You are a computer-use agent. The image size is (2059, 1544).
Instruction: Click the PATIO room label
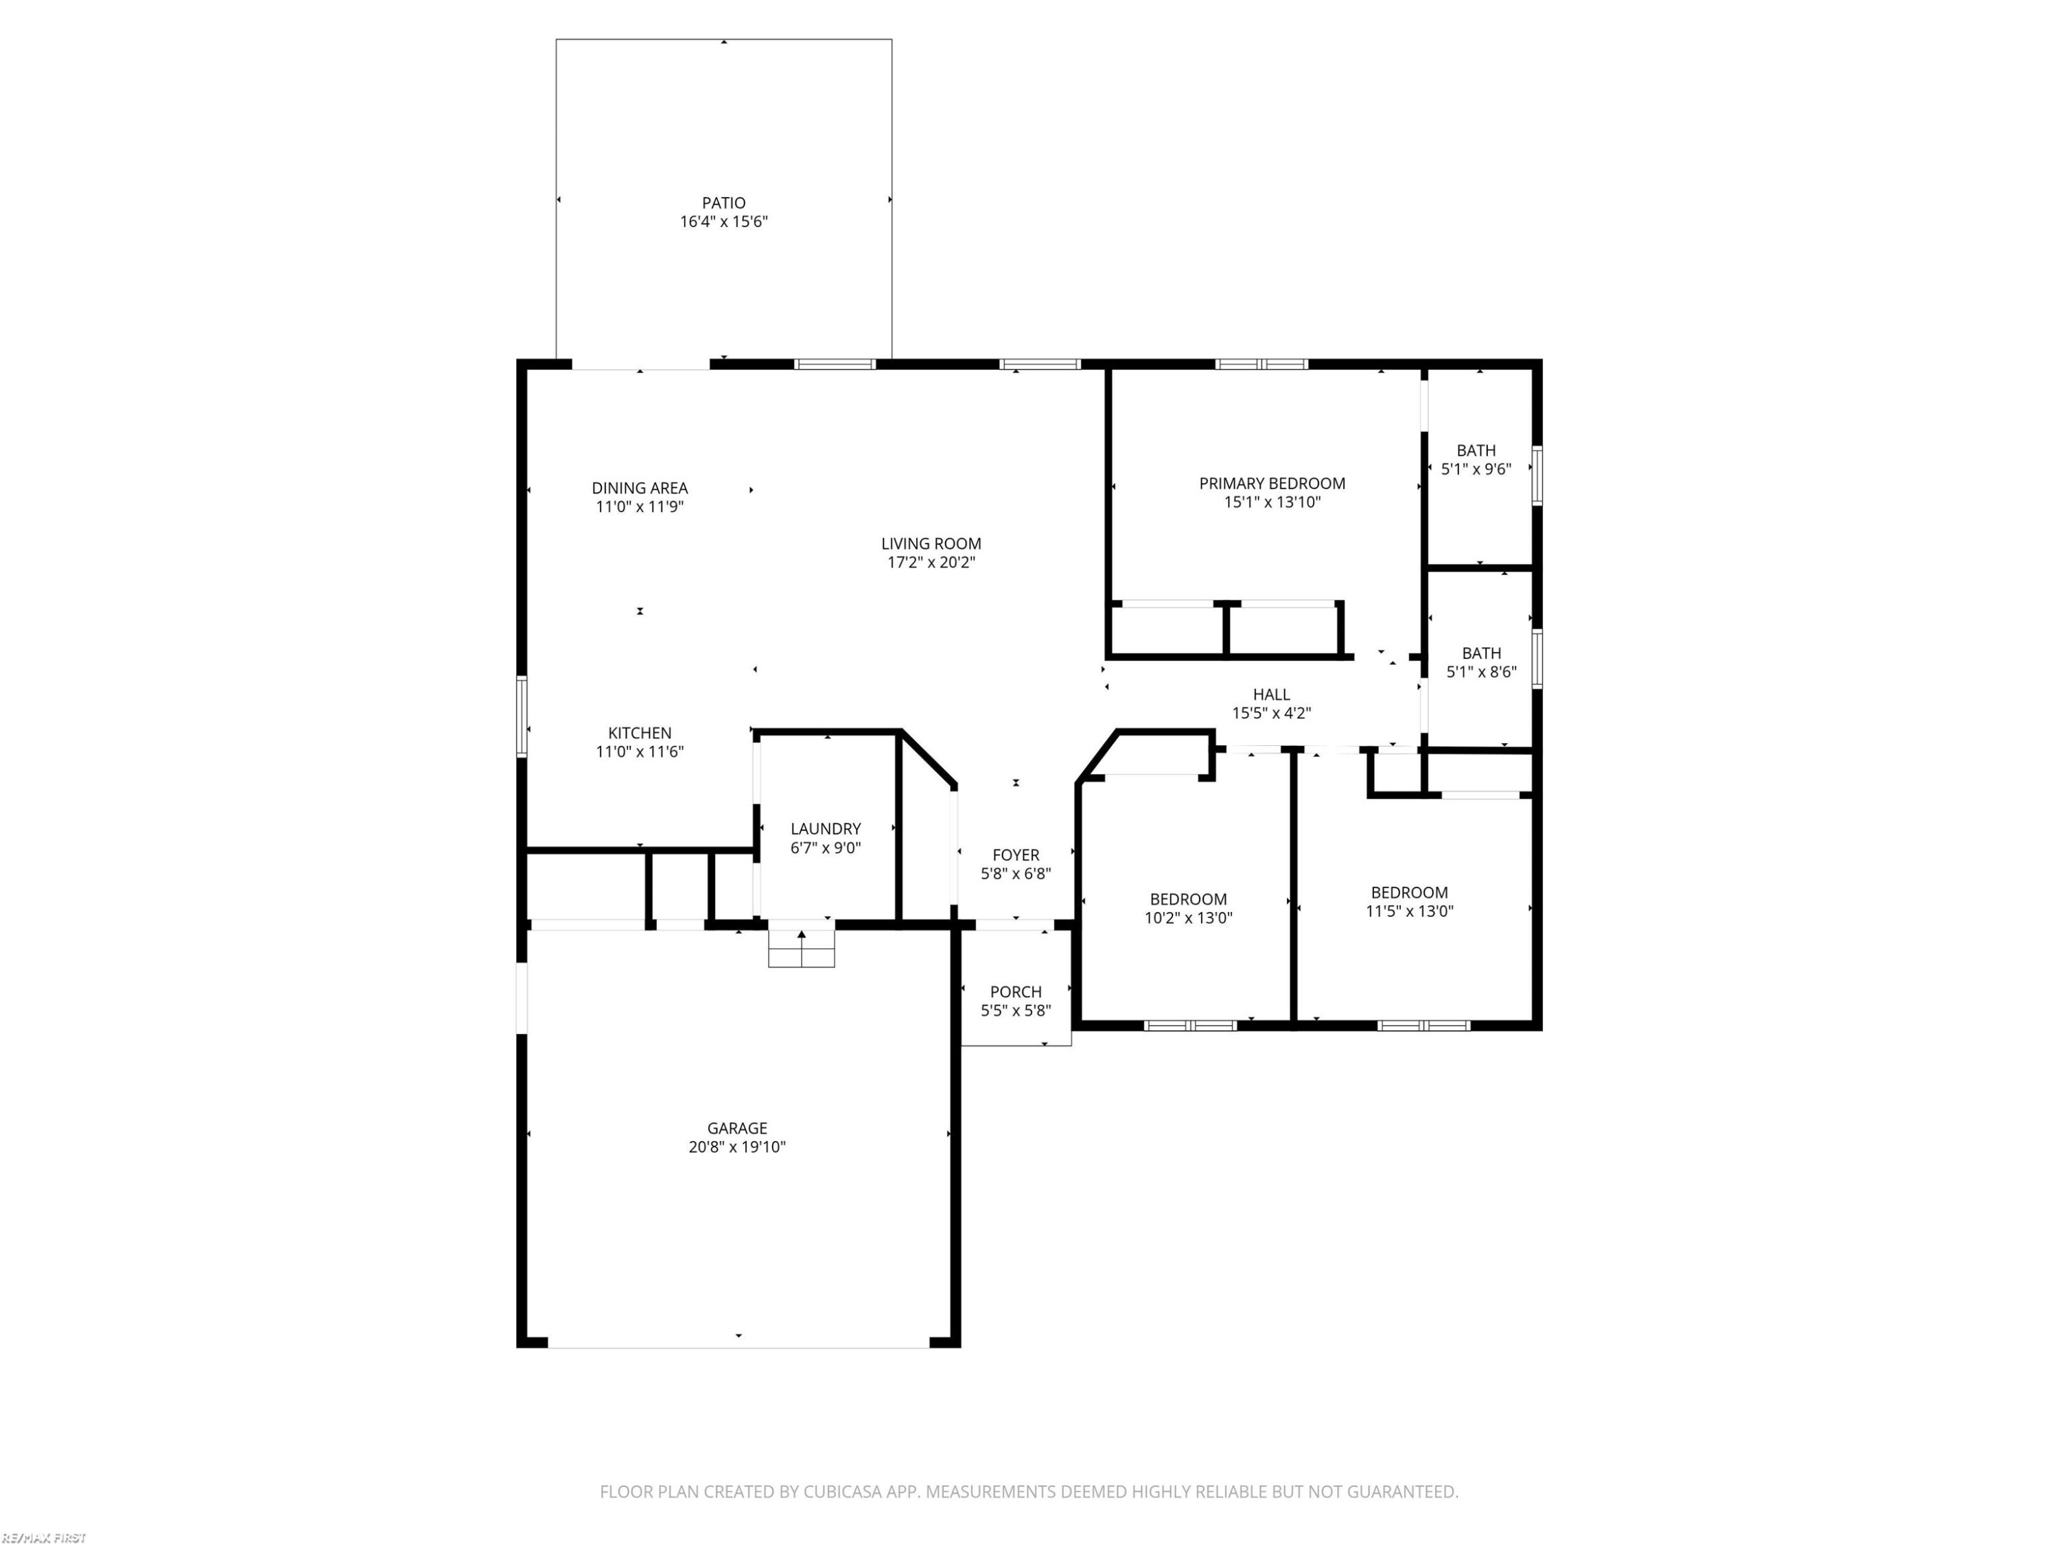point(723,203)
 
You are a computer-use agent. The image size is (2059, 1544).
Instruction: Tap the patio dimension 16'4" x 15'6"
point(723,222)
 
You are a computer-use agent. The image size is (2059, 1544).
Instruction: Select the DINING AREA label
point(640,488)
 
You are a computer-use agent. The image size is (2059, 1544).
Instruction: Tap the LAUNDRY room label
point(826,828)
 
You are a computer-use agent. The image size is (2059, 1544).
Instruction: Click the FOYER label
point(1016,854)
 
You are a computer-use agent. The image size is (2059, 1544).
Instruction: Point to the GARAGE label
point(737,1128)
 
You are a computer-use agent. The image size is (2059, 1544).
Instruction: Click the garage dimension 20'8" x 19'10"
point(737,1147)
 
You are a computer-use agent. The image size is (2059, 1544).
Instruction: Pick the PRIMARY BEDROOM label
point(1272,483)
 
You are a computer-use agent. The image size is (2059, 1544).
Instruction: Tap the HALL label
point(1272,694)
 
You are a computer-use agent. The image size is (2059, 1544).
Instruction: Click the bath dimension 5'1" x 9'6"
point(1476,469)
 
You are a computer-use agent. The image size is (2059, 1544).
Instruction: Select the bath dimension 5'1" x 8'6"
point(1481,671)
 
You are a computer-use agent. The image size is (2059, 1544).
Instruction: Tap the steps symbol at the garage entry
point(802,948)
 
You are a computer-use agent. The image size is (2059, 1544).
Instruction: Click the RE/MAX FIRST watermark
point(44,1538)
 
